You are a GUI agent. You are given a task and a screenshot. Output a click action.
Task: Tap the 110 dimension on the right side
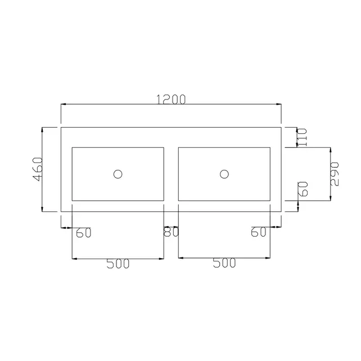pos(302,137)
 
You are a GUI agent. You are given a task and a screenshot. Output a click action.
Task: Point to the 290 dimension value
pos(335,174)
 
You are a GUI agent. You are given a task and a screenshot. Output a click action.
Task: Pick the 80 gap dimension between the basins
pos(171,232)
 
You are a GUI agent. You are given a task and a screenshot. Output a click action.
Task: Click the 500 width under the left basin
pos(118,264)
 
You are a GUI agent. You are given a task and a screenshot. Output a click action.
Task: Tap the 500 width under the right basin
pos(224,264)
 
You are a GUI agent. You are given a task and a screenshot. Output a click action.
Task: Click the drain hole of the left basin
pos(118,174)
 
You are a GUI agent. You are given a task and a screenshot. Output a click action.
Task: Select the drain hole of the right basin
pos(224,174)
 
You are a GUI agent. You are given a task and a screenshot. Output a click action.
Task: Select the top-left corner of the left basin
pos(72,147)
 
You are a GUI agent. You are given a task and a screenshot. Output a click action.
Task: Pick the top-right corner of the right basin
pos(270,147)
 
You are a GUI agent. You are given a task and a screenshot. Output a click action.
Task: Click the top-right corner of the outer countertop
pos(282,127)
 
